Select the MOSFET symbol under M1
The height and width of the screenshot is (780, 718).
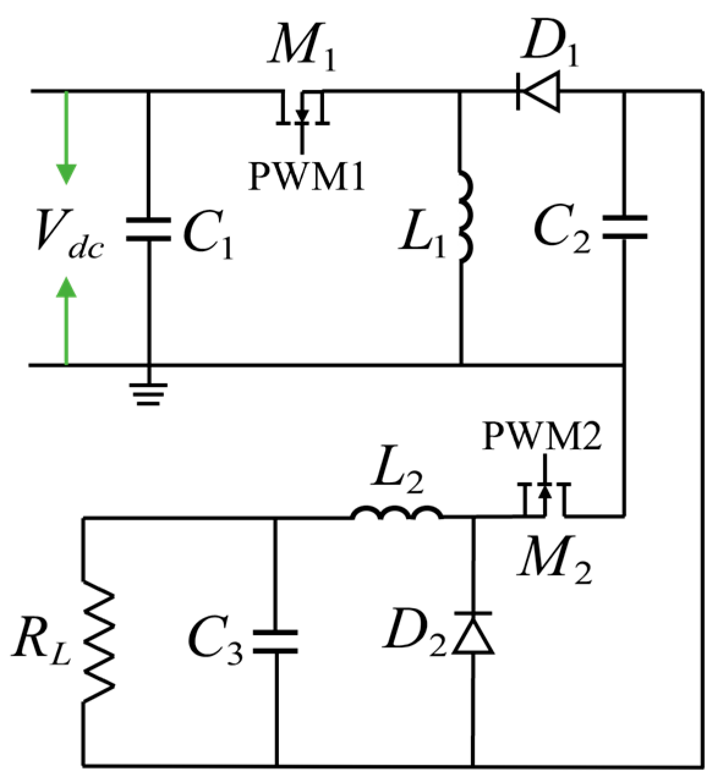[302, 110]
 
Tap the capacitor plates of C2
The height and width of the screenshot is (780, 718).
[624, 226]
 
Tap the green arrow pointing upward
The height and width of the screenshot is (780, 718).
[65, 318]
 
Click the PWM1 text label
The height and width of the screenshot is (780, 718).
[306, 177]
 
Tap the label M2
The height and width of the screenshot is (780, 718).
[554, 566]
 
